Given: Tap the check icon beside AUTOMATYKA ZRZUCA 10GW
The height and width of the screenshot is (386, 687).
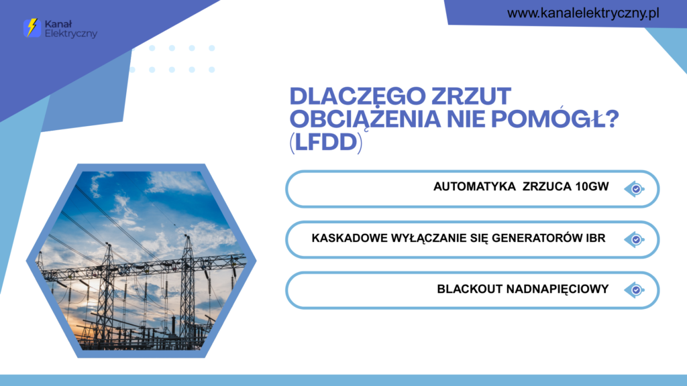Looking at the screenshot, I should (635, 189).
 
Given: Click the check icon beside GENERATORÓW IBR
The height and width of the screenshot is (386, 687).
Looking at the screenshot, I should (635, 239).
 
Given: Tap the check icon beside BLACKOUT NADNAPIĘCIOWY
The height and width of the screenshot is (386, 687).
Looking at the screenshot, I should (635, 290).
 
